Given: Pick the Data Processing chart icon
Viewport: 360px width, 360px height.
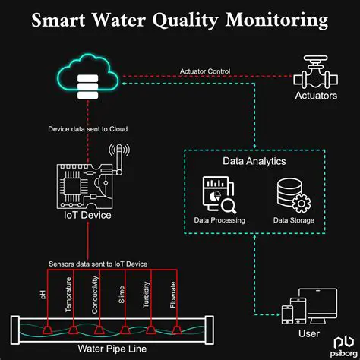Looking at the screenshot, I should coord(219,194).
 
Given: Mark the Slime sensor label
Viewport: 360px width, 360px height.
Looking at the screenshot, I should coord(122,295).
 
